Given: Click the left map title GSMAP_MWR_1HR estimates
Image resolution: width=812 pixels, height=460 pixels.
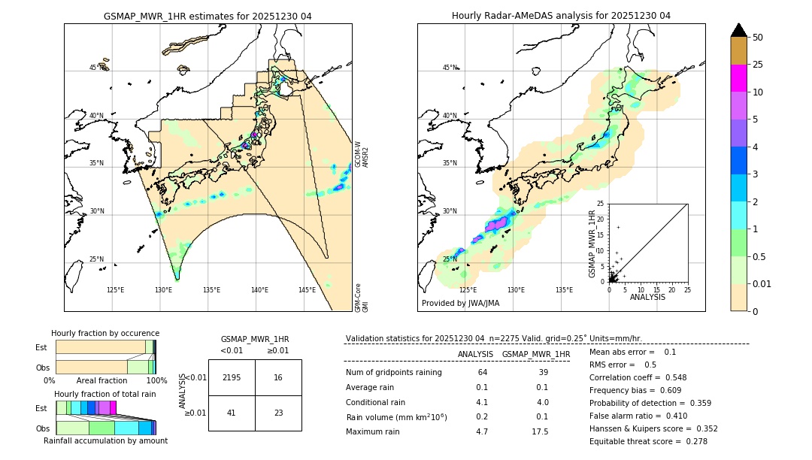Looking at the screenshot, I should click(208, 16).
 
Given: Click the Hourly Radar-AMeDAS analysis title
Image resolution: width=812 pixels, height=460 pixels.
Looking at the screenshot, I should click(561, 16).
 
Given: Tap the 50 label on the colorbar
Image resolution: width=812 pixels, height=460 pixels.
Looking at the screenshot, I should click(758, 38).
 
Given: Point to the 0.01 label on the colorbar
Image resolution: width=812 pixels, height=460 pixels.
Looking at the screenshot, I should click(762, 283).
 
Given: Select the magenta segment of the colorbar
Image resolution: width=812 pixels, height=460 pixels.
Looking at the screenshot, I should click(738, 78).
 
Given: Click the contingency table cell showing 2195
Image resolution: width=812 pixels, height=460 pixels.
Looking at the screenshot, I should click(232, 377).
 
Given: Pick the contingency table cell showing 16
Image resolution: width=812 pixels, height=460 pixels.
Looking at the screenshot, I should click(278, 377).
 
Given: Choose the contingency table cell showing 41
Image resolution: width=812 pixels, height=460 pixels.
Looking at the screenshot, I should click(232, 413).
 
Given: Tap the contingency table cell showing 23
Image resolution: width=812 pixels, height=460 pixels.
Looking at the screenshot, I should click(278, 413).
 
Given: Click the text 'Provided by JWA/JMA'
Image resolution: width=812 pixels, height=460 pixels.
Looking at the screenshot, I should click(460, 303).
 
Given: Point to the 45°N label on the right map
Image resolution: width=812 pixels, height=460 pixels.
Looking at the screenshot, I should click(449, 68).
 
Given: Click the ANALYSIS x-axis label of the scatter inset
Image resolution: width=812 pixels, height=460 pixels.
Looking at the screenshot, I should click(647, 298).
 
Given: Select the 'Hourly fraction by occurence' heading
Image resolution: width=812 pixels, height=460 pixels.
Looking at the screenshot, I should click(105, 333).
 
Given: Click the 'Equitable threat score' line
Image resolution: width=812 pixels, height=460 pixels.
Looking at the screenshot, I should click(648, 441).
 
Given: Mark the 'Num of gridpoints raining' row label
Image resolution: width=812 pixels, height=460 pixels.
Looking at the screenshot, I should click(393, 373).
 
